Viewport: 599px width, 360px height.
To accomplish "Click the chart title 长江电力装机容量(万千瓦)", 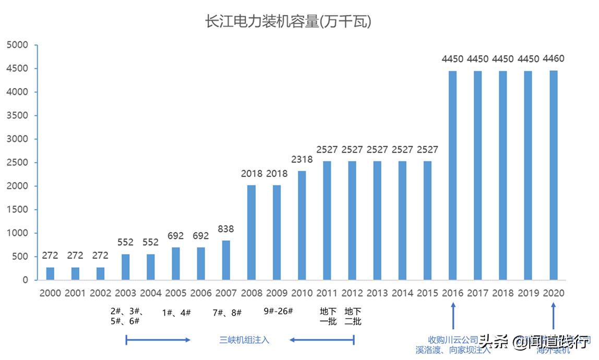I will click(x=288, y=22).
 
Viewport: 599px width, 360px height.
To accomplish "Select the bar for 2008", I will click(x=251, y=232).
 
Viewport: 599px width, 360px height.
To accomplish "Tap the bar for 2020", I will click(x=554, y=175).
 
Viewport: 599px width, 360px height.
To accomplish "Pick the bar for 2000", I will click(x=50, y=273).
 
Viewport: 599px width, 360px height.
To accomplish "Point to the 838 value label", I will click(x=226, y=229).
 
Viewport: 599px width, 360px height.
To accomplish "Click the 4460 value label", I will click(x=554, y=58).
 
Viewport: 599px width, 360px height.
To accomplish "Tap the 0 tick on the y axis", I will click(x=25, y=280).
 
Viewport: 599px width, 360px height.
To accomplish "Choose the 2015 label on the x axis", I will click(x=428, y=293).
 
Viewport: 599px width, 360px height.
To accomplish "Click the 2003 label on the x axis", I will click(x=125, y=293).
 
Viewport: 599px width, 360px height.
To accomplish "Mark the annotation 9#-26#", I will click(x=278, y=311).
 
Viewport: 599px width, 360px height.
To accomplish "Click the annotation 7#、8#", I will click(x=227, y=312).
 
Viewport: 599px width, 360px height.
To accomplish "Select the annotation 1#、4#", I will click(x=176, y=312).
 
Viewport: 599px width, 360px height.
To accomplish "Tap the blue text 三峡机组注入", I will click(x=244, y=340).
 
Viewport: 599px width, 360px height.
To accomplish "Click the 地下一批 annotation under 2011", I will click(x=328, y=316).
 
